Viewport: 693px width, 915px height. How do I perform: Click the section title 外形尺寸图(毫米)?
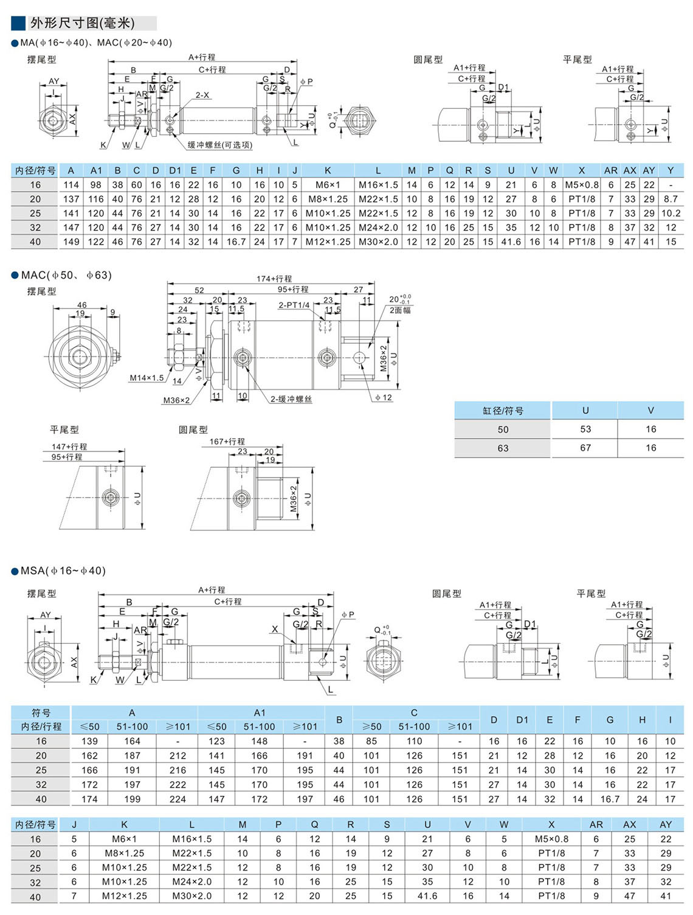83,23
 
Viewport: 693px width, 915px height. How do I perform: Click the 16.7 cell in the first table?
236,242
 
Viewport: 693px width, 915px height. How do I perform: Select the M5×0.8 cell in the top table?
581,185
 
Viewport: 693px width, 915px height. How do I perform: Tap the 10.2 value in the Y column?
671,214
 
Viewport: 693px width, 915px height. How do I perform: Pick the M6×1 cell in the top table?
328,185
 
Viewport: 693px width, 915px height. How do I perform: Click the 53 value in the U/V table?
585,429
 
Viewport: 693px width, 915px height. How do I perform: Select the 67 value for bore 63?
585,448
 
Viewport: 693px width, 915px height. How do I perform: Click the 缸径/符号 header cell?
503,411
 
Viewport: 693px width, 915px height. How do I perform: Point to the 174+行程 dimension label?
274,279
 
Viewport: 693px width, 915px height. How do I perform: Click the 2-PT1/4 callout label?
294,305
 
